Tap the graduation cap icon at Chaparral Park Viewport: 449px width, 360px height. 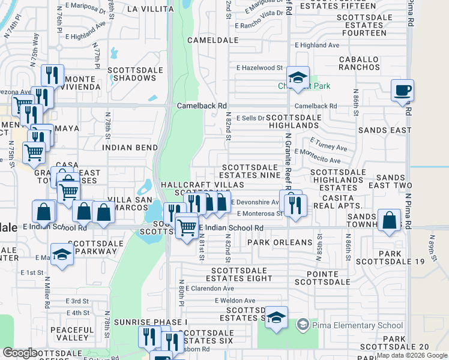point(298,77)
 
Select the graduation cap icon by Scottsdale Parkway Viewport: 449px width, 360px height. point(62,254)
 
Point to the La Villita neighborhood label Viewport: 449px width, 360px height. point(150,9)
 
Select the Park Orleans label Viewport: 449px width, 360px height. point(280,243)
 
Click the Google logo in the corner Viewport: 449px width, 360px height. point(20,353)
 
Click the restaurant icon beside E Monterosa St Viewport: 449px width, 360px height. point(296,205)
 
